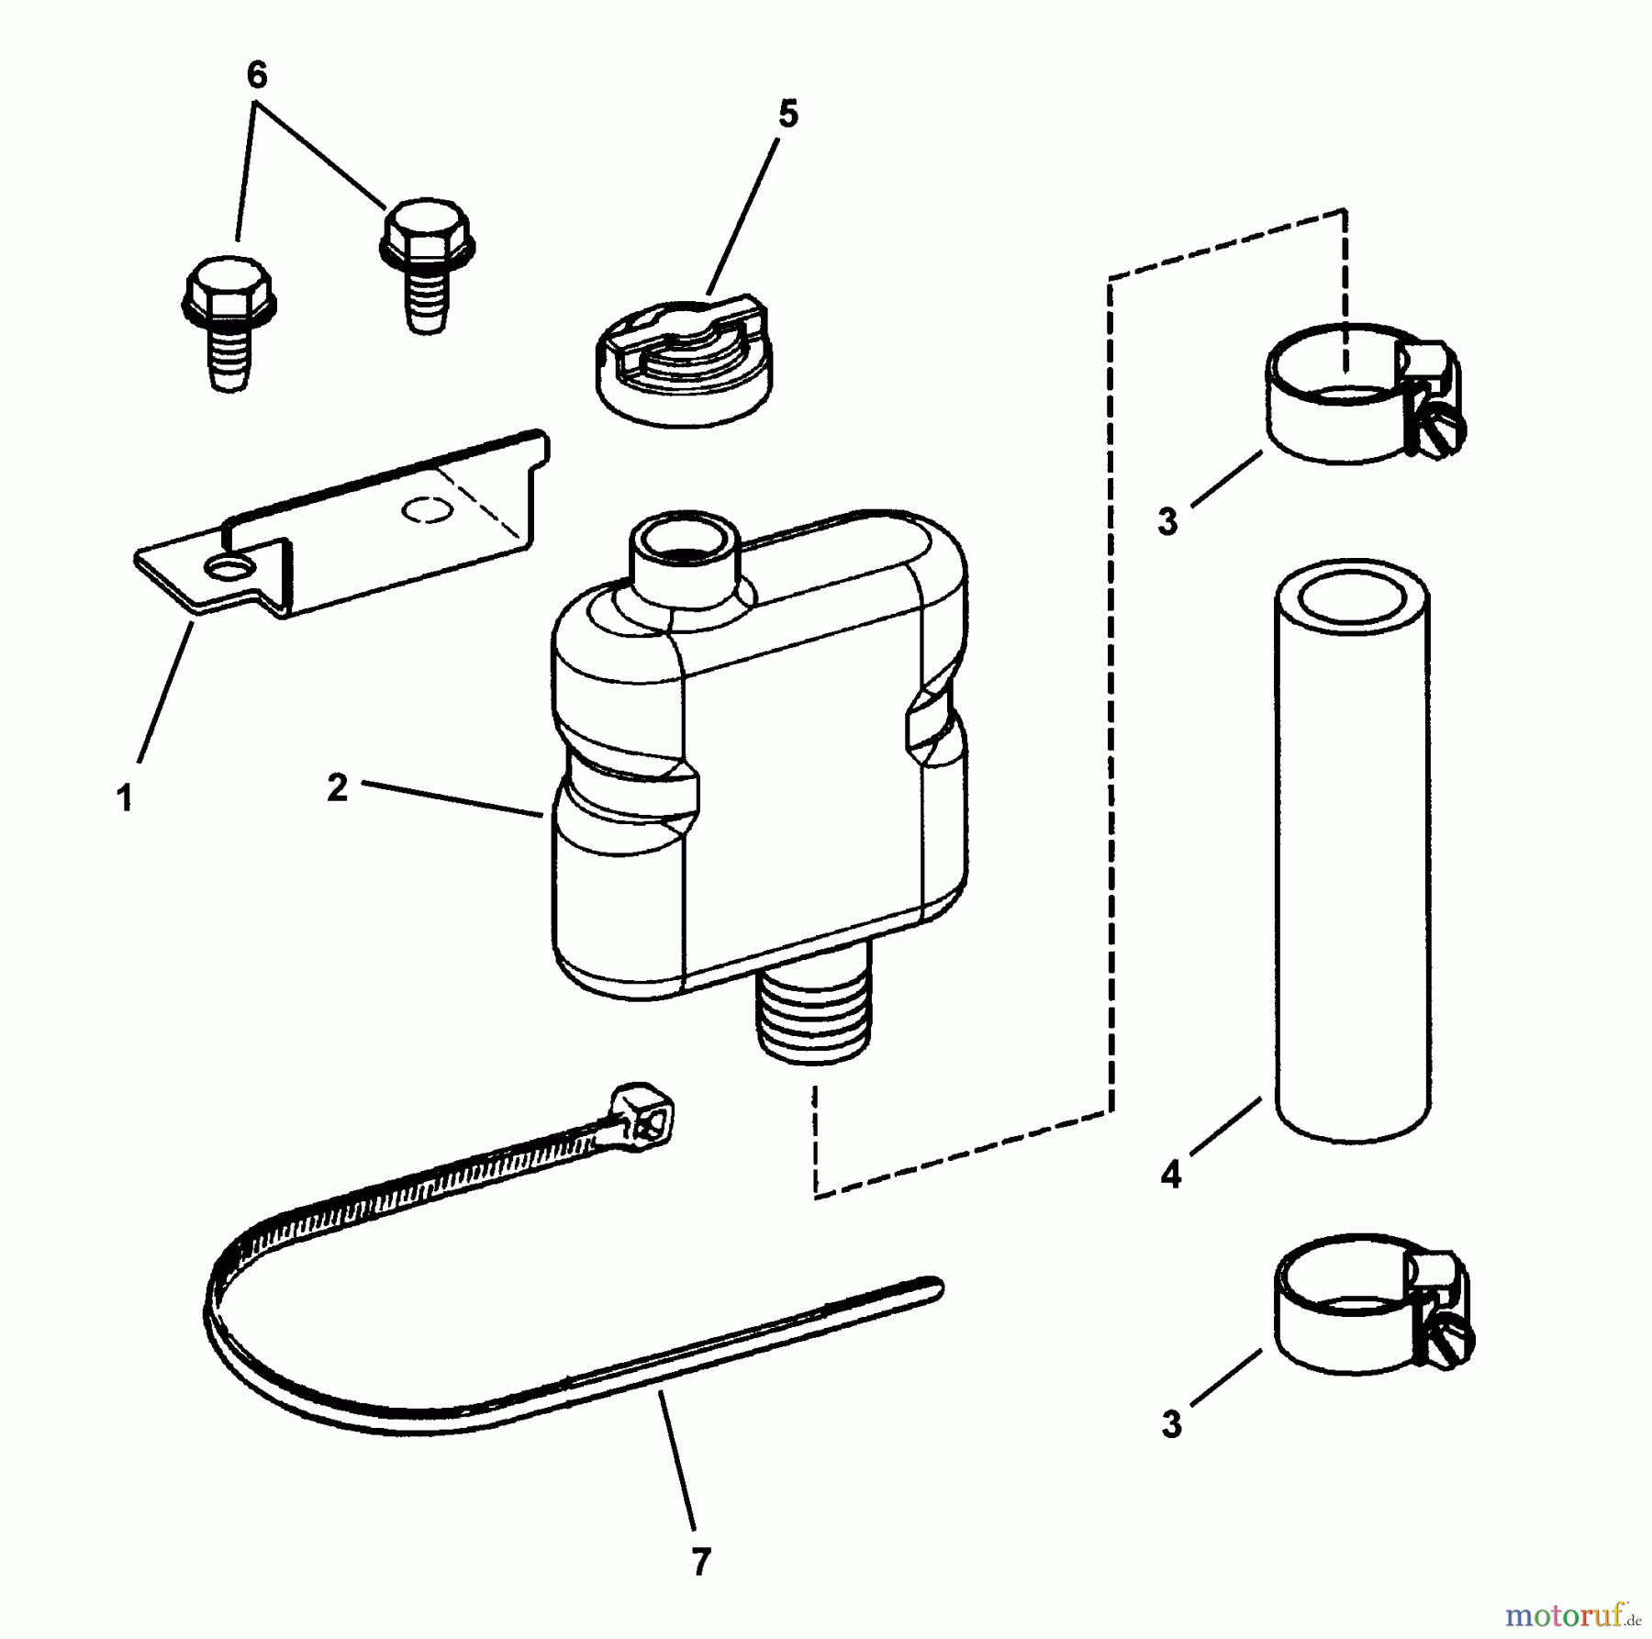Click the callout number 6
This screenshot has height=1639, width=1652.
click(x=257, y=75)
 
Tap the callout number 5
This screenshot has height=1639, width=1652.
click(x=787, y=115)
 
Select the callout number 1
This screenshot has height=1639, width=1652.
click(x=125, y=797)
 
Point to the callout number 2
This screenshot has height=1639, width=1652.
click(x=338, y=787)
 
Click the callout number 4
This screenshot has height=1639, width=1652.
click(x=1170, y=1175)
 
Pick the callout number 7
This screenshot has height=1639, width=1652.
click(x=701, y=1561)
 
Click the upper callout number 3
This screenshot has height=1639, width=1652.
click(x=1167, y=522)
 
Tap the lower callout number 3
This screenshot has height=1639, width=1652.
click(x=1171, y=1425)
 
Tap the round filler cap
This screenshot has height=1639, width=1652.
click(x=684, y=362)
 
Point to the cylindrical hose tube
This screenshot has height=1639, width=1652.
click(x=1350, y=850)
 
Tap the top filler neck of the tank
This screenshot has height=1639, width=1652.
click(x=684, y=561)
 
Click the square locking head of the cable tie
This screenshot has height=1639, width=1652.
click(x=645, y=1115)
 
